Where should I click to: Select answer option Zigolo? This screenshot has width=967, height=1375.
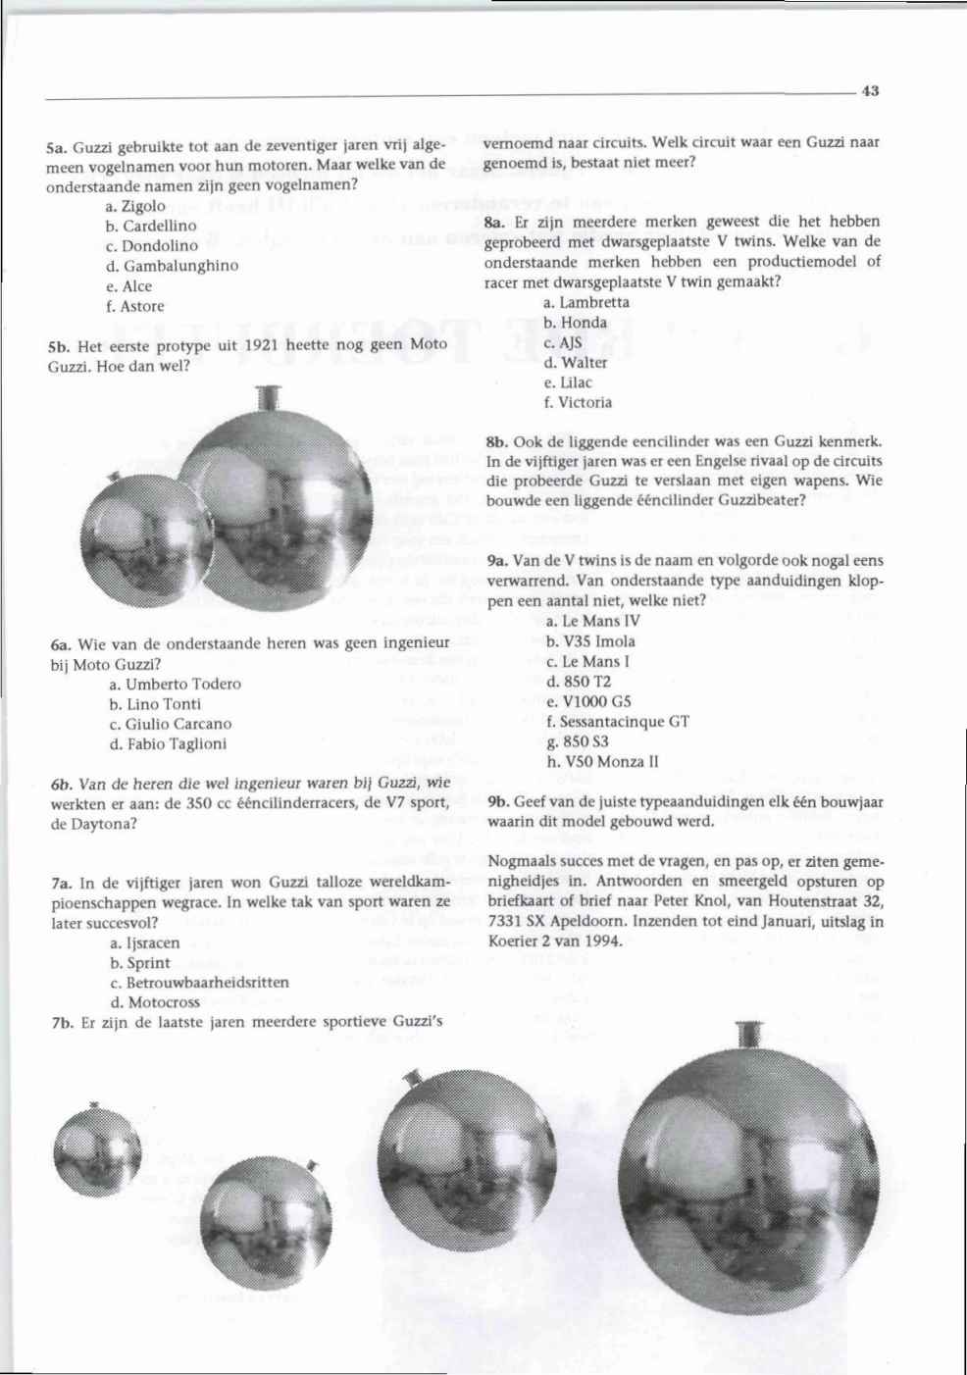point(141,206)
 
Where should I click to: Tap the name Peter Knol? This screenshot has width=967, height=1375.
point(695,902)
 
